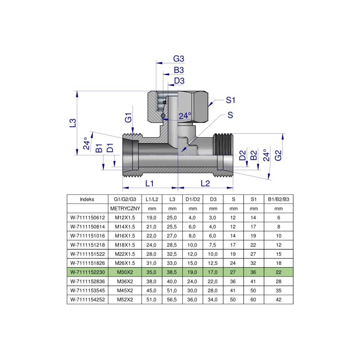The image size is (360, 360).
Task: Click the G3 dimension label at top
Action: click(179, 59)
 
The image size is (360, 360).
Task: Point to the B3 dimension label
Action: click(179, 70)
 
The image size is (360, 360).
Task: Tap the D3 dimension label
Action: click(179, 81)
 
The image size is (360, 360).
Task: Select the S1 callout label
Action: click(231, 99)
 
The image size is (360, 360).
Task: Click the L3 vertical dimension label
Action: click(73, 123)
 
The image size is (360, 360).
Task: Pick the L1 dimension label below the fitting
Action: click(150, 183)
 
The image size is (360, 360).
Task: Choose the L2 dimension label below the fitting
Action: click(205, 183)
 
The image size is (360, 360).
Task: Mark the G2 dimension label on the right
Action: click(279, 155)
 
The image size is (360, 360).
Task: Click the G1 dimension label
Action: click(129, 119)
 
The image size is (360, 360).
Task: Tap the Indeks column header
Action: click(87, 199)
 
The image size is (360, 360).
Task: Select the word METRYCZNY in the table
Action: click(126, 209)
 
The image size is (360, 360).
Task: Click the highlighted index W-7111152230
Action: click(87, 272)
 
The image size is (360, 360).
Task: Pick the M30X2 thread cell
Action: click(126, 272)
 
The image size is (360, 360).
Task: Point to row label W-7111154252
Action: click(87, 299)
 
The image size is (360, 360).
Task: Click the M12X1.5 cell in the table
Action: click(126, 218)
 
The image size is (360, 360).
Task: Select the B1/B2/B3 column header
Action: click(279, 199)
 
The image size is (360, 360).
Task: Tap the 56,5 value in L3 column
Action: click(171, 299)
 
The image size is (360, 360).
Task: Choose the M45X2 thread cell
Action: click(126, 290)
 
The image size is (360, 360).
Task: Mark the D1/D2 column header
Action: click(192, 199)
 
